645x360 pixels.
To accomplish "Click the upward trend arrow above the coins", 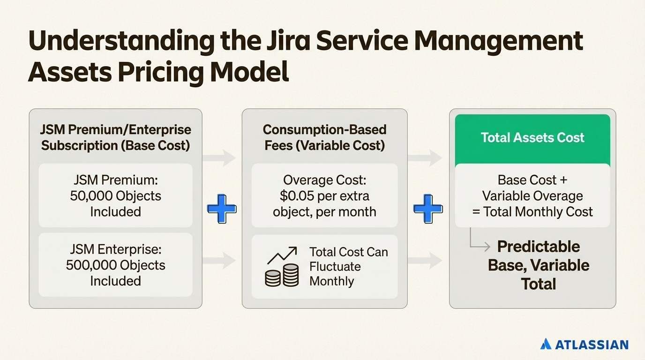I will click(282, 255).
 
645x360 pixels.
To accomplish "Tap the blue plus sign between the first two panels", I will click(222, 208).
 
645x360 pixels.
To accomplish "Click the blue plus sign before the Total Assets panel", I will click(428, 208).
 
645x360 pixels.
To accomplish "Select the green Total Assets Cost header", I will click(532, 138).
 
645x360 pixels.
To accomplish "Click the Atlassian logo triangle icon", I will click(546, 345).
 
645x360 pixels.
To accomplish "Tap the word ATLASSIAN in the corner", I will click(592, 345).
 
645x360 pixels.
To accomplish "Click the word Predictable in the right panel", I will click(538, 247).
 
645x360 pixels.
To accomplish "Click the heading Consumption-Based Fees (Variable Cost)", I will click(324, 137).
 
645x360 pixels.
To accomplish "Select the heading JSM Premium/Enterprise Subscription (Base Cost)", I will click(116, 137).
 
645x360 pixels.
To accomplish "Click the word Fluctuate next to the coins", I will click(335, 267).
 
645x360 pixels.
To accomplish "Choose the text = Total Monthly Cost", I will click(532, 212).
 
